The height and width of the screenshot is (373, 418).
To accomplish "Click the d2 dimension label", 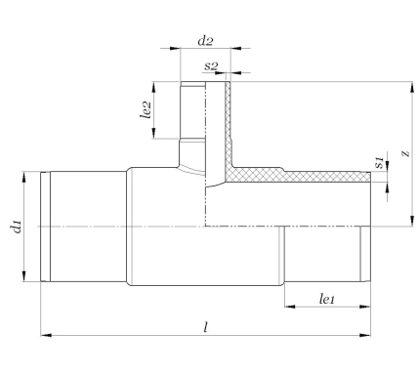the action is pyautogui.click(x=205, y=41).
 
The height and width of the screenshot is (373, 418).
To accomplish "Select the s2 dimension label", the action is pyautogui.click(x=211, y=66).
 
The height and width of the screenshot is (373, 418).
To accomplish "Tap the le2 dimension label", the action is pyautogui.click(x=146, y=109).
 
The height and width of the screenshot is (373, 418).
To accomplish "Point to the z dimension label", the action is pyautogui.click(x=406, y=153).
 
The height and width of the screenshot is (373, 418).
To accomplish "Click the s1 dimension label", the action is pyautogui.click(x=379, y=162).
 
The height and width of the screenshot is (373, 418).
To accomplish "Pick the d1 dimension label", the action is pyautogui.click(x=17, y=227).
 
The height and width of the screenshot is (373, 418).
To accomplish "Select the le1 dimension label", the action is pyautogui.click(x=326, y=299).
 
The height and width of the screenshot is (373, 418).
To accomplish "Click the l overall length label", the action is pyautogui.click(x=205, y=327).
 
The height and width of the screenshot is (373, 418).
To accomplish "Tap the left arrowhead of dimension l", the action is pyautogui.click(x=46, y=335).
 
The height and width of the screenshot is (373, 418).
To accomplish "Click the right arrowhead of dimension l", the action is pyautogui.click(x=365, y=335).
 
